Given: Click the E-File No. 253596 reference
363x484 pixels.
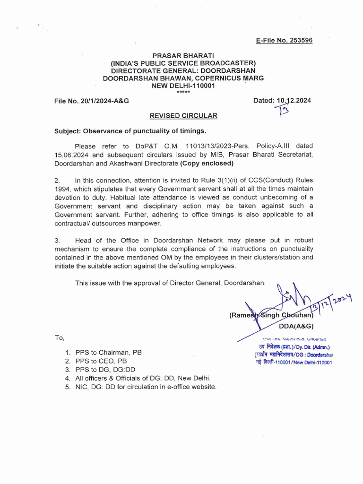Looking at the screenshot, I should coord(284,40).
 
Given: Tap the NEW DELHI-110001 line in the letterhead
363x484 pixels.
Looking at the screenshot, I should coord(182,86).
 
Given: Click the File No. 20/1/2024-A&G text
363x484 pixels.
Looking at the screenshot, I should coord(92,101).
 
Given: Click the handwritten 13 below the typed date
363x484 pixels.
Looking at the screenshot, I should coord(284,112).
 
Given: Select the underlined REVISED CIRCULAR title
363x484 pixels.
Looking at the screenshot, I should coord(183,116).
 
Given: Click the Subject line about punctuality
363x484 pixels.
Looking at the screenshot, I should coord(130,131).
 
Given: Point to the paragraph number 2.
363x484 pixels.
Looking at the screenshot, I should coord(57,180).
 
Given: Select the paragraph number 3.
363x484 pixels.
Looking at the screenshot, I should coord(57,240).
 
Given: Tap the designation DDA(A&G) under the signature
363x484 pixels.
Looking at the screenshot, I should coord(296,326).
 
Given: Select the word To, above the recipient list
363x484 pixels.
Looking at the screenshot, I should coord(60,337).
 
